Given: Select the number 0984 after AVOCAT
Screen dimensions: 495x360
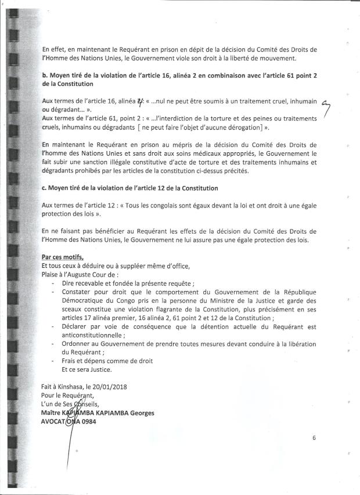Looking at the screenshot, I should click(88, 421).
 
